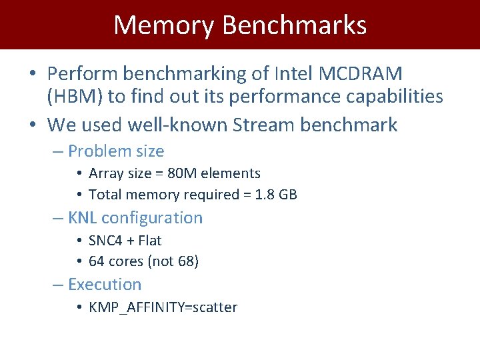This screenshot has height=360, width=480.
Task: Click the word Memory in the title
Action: click(x=164, y=25)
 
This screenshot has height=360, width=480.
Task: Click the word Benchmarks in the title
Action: click(x=294, y=25)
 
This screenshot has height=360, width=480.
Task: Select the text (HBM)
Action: click(x=74, y=97)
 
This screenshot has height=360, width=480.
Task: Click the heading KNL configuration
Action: click(x=135, y=218)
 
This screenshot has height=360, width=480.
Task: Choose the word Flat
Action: click(x=150, y=240)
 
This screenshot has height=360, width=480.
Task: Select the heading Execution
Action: click(x=105, y=285)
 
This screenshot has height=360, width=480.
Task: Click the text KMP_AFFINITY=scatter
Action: click(x=163, y=307)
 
